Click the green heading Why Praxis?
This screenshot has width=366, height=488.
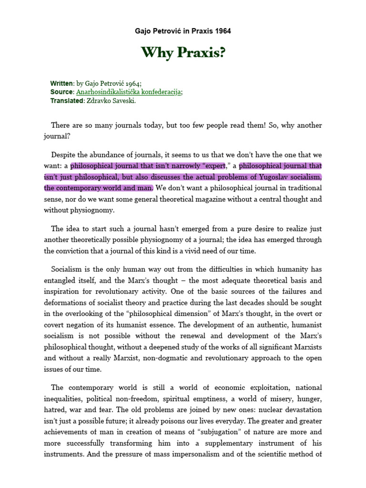point(183,53)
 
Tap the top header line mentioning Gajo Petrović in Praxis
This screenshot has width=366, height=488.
point(183,31)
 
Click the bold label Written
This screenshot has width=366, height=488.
point(62,83)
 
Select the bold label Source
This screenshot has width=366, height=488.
point(62,91)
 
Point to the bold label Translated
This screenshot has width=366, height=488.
point(67,101)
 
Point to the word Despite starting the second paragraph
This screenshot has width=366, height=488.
point(64,155)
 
